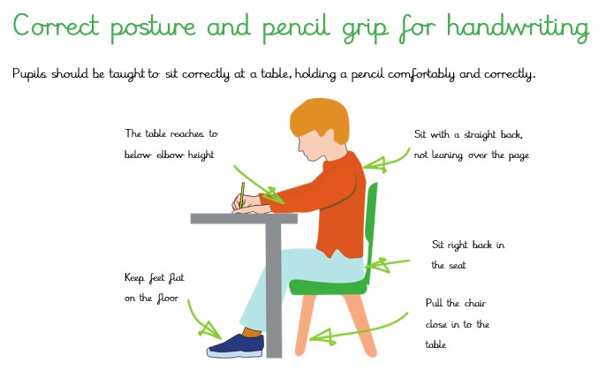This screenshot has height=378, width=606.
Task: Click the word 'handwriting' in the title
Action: click(518, 28)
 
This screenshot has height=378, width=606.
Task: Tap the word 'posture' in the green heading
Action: click(153, 29)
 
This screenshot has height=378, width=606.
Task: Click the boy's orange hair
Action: click(319, 117)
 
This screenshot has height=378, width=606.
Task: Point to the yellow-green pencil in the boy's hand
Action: click(242, 195)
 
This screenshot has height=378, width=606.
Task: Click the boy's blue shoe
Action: click(235, 346)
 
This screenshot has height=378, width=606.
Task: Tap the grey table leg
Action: click(273, 291)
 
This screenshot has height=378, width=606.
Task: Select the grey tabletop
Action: click(244, 218)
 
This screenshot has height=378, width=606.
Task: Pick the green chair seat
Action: click(329, 287)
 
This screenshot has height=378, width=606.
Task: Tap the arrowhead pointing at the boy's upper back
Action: click(375, 164)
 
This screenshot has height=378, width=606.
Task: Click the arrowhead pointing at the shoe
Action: click(209, 330)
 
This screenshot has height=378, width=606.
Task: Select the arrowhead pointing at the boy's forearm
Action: click(275, 195)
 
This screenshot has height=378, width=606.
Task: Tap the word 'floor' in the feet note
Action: click(168, 298)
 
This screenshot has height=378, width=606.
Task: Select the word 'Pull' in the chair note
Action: click(434, 303)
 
